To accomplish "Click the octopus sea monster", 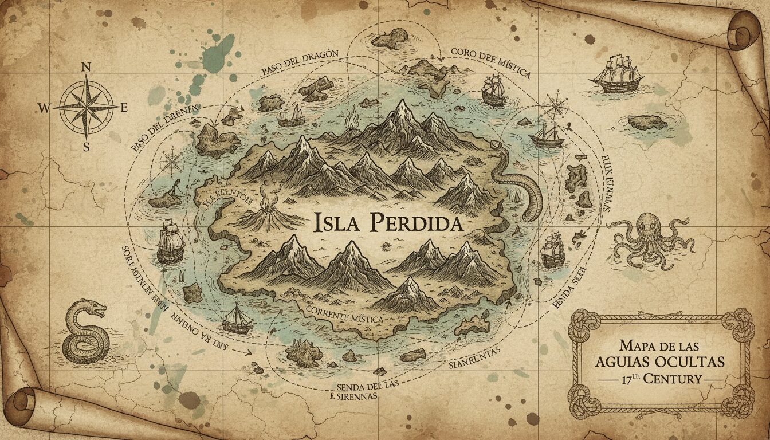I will (649, 238).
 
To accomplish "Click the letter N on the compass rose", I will (87, 67).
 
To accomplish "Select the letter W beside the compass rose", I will (45, 107).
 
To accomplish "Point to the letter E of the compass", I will (124, 107).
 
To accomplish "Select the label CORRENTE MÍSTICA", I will (344, 315).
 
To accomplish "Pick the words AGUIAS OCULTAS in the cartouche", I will (660, 362).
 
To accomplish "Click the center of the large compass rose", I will (87, 107).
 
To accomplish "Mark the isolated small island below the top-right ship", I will (647, 122).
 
